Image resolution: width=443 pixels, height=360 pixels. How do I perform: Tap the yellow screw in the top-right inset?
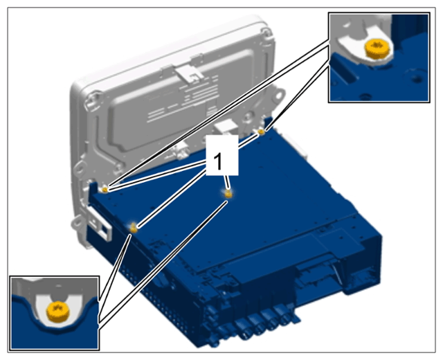tap(377, 48)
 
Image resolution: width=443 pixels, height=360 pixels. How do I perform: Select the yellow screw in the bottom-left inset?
tap(57, 312)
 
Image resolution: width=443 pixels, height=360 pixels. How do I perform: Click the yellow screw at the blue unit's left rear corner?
tap(105, 190)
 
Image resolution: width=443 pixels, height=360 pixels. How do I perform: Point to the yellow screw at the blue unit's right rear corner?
tap(262, 132)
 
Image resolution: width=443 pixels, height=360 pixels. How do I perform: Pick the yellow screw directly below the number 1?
tap(228, 194)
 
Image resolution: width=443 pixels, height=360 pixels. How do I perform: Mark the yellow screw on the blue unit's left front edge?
tap(134, 228)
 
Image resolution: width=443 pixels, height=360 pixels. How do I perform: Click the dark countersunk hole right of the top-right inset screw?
tap(416, 78)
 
